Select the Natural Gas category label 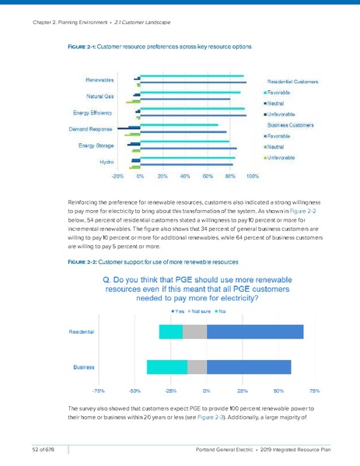100,96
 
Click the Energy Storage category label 98,145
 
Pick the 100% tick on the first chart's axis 253,176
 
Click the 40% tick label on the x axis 185,176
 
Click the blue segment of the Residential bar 255,331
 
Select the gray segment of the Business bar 197,366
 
